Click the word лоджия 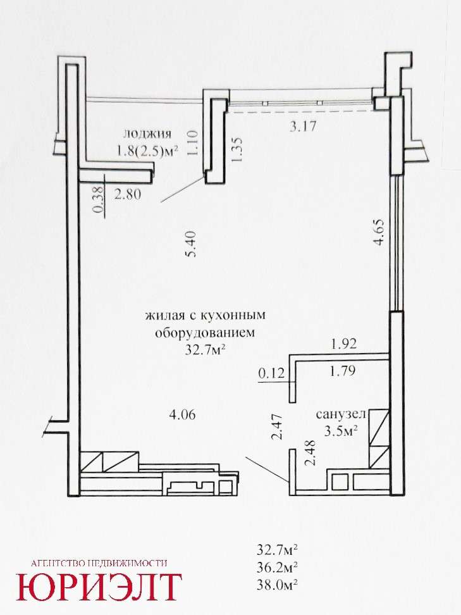[x=147, y=134]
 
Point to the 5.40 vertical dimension [x=192, y=244]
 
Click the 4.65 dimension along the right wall [x=379, y=232]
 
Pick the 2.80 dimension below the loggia [x=128, y=194]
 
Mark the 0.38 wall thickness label [x=99, y=200]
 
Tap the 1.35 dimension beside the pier [x=238, y=149]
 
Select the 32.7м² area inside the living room [x=207, y=349]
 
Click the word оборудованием [x=205, y=333]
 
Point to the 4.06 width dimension [x=181, y=414]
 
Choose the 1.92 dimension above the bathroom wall [x=344, y=344]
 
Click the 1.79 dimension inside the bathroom [x=342, y=371]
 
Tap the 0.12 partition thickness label [x=272, y=373]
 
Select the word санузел [x=341, y=414]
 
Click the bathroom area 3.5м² [x=341, y=431]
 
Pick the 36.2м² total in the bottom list [x=277, y=567]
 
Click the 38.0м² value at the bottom [x=277, y=585]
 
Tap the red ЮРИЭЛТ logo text [x=99, y=587]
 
